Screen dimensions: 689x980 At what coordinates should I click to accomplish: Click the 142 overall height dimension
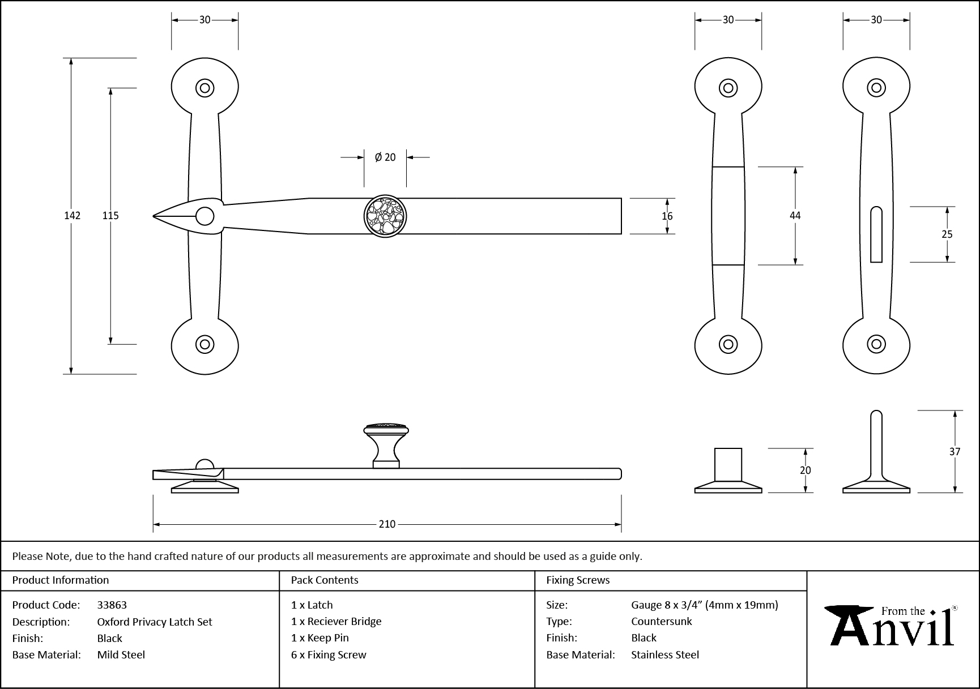(x=73, y=216)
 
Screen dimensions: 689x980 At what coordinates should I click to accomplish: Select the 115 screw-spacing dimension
(x=110, y=216)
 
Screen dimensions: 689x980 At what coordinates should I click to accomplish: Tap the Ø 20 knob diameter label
(x=385, y=157)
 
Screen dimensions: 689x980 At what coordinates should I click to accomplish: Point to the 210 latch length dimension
(x=387, y=524)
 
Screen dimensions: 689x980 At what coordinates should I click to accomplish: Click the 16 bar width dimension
(x=667, y=216)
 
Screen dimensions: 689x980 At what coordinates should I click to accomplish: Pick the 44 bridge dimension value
(x=795, y=216)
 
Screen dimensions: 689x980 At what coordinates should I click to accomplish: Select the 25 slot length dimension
(x=947, y=234)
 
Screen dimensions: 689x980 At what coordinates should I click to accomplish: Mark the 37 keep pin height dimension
(x=955, y=452)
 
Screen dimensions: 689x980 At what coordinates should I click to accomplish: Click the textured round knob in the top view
(x=385, y=216)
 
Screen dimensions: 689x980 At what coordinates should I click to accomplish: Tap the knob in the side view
(x=386, y=444)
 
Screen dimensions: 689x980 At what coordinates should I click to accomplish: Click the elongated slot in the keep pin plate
(x=876, y=234)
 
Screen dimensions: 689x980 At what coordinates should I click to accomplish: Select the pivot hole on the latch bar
(x=204, y=216)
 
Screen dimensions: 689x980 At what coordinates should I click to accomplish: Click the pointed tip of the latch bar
(x=156, y=216)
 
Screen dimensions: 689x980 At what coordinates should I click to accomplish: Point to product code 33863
(x=112, y=605)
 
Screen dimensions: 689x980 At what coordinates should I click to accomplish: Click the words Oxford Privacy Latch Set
(x=155, y=622)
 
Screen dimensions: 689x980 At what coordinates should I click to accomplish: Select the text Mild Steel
(x=121, y=654)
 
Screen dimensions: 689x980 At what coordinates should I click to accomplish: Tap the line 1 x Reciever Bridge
(x=336, y=622)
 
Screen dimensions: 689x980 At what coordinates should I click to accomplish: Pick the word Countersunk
(x=662, y=622)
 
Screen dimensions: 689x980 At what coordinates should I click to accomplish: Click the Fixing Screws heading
(x=578, y=580)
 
